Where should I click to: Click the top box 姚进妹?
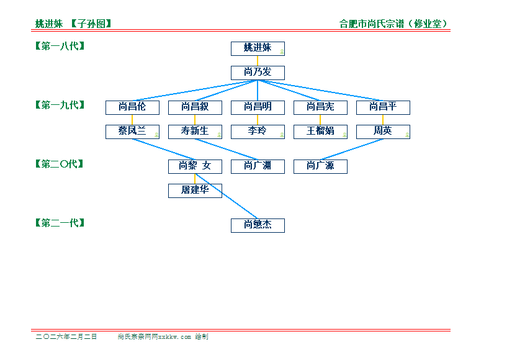click(x=258, y=48)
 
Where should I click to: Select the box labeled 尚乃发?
click(x=258, y=73)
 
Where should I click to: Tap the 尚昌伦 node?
click(x=132, y=107)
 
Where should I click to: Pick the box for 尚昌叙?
click(x=195, y=107)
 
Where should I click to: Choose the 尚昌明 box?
click(x=258, y=107)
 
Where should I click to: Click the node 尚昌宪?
click(x=320, y=107)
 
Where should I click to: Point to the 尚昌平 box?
click(x=383, y=107)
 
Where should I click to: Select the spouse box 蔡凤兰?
click(x=132, y=132)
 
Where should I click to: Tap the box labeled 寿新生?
click(x=195, y=132)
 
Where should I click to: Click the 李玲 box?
click(x=258, y=132)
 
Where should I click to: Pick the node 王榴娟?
click(x=320, y=132)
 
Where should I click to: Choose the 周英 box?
click(x=383, y=132)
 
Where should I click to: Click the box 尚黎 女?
click(x=195, y=166)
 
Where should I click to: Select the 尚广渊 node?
click(x=258, y=166)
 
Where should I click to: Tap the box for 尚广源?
click(x=320, y=166)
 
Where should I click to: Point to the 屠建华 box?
click(x=195, y=191)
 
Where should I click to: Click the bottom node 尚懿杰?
click(x=258, y=225)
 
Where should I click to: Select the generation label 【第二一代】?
click(x=60, y=223)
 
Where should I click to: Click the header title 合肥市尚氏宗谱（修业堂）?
click(x=394, y=24)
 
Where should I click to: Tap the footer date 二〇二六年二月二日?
click(x=66, y=337)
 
